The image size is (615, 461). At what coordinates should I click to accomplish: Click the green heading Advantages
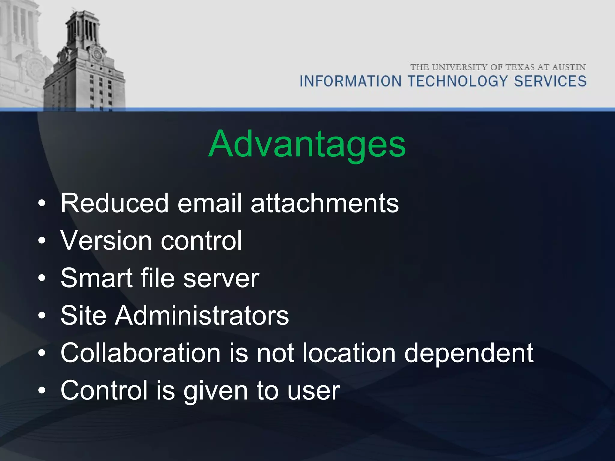[307, 144]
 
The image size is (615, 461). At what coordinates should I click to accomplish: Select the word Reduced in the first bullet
[114, 203]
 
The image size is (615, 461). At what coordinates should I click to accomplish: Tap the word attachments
[325, 203]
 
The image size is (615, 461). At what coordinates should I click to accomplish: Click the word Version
[106, 240]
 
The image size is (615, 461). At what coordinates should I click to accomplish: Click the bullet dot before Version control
[42, 241]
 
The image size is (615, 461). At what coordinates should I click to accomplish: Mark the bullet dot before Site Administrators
[42, 315]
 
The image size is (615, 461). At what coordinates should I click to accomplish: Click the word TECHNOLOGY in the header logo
[457, 81]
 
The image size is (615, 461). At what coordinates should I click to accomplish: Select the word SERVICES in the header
[550, 81]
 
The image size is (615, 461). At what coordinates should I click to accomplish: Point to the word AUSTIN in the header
[569, 67]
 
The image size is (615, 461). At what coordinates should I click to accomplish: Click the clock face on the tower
[97, 55]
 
